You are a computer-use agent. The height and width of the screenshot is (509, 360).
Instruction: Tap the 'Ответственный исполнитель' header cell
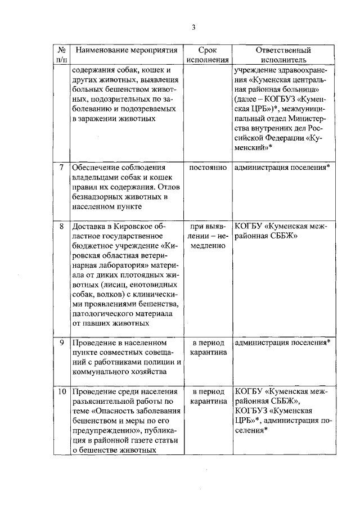pyautogui.click(x=280, y=55)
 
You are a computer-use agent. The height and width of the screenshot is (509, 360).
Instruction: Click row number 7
pyautogui.click(x=61, y=168)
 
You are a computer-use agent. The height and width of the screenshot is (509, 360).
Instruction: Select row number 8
pyautogui.click(x=61, y=227)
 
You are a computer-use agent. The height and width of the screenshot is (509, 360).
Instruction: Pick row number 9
pyautogui.click(x=61, y=343)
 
